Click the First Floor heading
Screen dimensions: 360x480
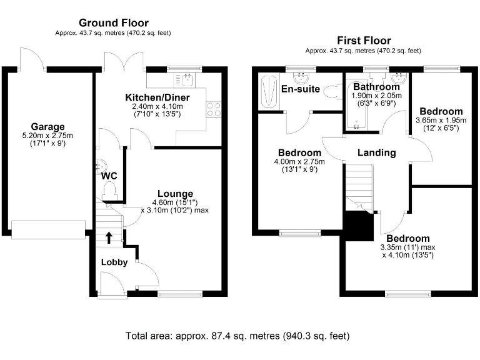point(362,40)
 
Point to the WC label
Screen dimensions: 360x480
point(109,176)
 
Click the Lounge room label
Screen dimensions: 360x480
point(175,193)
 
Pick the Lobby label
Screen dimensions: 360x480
point(114,262)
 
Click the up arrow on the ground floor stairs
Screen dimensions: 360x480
point(109,237)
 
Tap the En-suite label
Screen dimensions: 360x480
point(300,89)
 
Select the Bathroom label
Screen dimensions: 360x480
point(376,86)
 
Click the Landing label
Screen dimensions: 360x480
point(376,152)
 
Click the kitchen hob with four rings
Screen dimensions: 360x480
point(214,109)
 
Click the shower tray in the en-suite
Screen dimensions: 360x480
point(269,91)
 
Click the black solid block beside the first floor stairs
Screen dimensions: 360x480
point(357,226)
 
